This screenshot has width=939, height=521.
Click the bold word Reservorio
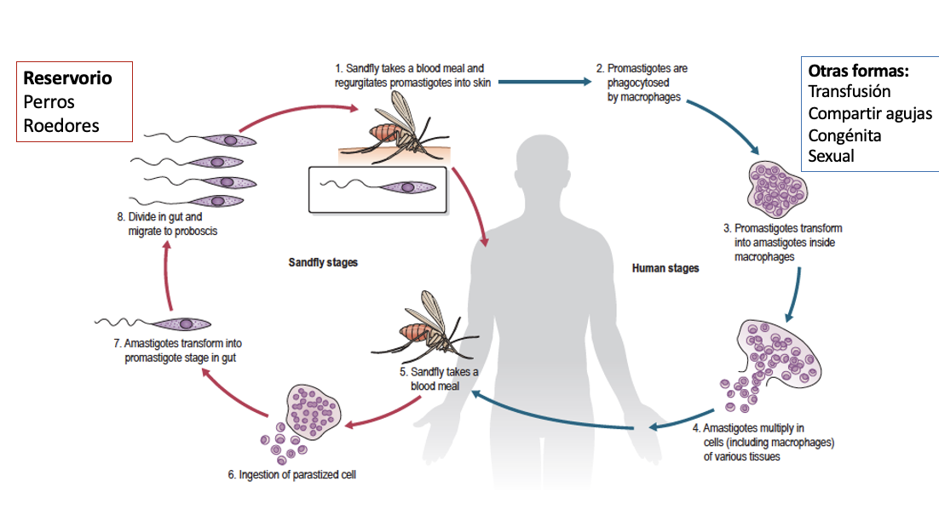coord(67,78)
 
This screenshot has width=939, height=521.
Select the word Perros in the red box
coord(49,102)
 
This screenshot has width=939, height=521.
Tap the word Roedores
coord(61,126)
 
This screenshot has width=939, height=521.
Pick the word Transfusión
coord(850,91)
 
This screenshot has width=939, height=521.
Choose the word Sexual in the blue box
coord(831,156)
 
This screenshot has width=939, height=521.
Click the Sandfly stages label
coord(323,263)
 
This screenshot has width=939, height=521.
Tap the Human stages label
coord(665,268)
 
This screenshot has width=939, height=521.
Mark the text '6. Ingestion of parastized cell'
coord(291,475)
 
